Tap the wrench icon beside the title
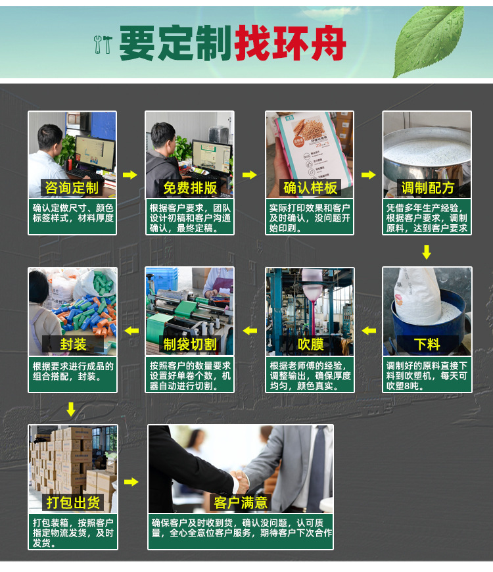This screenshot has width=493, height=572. (103, 43)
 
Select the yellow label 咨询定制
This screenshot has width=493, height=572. (72, 188)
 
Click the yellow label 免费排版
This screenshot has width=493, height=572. (189, 188)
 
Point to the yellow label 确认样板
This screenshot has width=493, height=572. (310, 188)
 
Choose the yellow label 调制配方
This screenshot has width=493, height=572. (427, 188)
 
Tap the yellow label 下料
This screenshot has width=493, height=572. (427, 345)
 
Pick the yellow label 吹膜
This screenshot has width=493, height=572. (310, 345)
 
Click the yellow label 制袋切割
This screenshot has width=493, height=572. (189, 345)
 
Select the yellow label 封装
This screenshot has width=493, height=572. (72, 345)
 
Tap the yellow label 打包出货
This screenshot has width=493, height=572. (72, 503)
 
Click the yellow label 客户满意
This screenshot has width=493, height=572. (241, 503)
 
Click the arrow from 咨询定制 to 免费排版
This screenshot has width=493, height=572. (130, 175)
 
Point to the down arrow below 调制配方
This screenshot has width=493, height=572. (427, 252)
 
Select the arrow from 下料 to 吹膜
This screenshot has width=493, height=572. (369, 330)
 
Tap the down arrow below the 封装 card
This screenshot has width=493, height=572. (71, 410)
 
